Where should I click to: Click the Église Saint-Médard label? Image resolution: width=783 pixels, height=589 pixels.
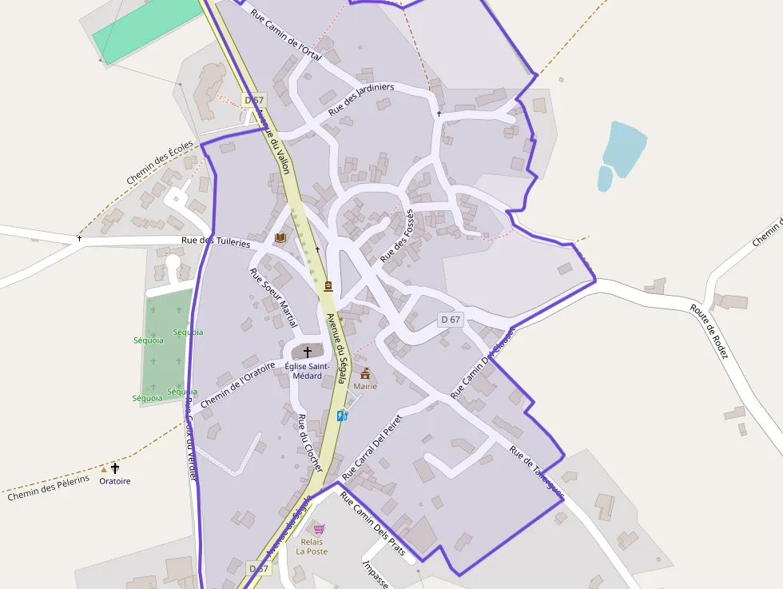pyautogui.click(x=303, y=371)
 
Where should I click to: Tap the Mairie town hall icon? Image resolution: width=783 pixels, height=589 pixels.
pyautogui.click(x=365, y=373)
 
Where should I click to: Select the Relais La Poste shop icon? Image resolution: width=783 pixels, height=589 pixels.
pyautogui.click(x=319, y=529)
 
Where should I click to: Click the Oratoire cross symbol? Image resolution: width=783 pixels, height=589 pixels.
pyautogui.click(x=115, y=468)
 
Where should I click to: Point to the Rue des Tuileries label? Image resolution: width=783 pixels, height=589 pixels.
pyautogui.click(x=216, y=241)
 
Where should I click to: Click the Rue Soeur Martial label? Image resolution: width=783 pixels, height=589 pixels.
pyautogui.click(x=273, y=297)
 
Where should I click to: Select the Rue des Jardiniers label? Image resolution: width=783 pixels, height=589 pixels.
pyautogui.click(x=361, y=99)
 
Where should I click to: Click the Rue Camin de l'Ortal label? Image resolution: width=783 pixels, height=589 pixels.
pyautogui.click(x=285, y=34)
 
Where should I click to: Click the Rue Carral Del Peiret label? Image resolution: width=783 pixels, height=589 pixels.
pyautogui.click(x=372, y=447)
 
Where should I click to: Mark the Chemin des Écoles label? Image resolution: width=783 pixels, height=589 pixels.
pyautogui.click(x=160, y=163)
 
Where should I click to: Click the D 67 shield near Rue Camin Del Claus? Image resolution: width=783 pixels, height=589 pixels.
pyautogui.click(x=451, y=320)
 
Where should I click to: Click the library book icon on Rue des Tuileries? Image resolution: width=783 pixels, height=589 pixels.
pyautogui.click(x=280, y=238)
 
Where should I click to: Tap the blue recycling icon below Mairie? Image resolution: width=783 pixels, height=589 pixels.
pyautogui.click(x=342, y=416)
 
